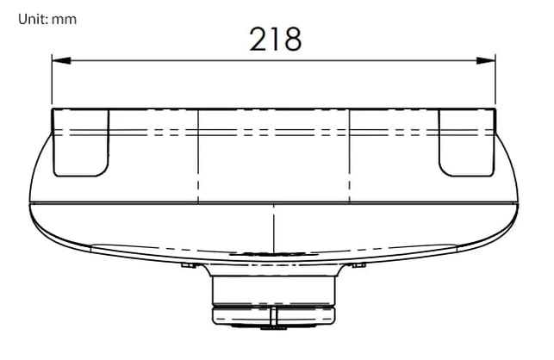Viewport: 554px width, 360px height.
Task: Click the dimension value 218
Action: tap(276, 39)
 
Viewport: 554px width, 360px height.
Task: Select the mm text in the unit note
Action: tap(64, 20)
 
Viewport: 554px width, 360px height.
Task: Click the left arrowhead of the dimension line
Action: tap(61, 61)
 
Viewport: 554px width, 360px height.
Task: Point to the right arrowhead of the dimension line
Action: tap(486, 61)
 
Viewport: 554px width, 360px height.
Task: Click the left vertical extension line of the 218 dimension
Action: tap(52, 79)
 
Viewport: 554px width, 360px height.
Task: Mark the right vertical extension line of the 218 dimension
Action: tap(495, 79)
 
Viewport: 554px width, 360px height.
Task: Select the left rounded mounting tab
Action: tap(81, 143)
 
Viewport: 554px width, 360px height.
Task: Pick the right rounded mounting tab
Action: tap(467, 143)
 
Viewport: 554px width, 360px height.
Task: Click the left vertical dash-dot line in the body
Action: tap(198, 157)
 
